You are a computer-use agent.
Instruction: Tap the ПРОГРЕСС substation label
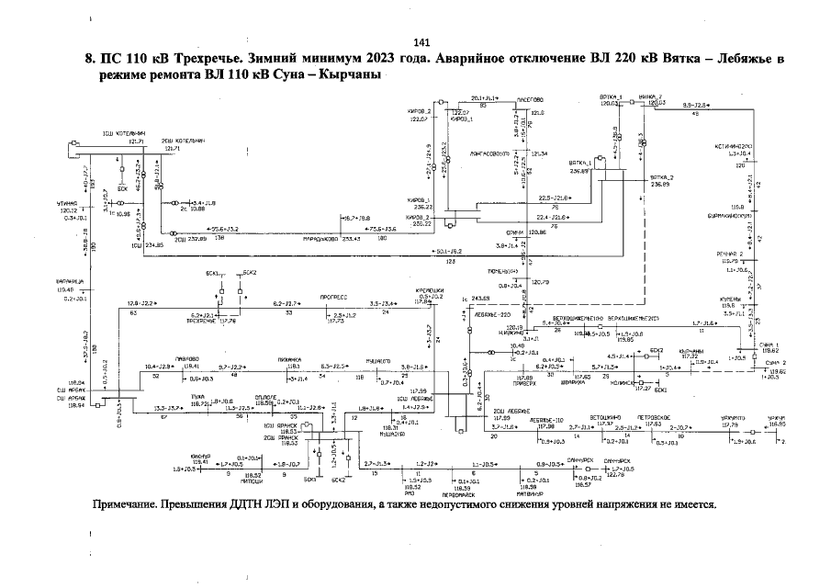[331, 298]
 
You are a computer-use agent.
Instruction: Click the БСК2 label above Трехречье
[249, 273]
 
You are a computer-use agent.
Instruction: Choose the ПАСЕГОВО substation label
[530, 99]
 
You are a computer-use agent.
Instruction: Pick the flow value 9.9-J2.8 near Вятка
[699, 107]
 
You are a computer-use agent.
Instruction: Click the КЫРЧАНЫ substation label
[691, 351]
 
